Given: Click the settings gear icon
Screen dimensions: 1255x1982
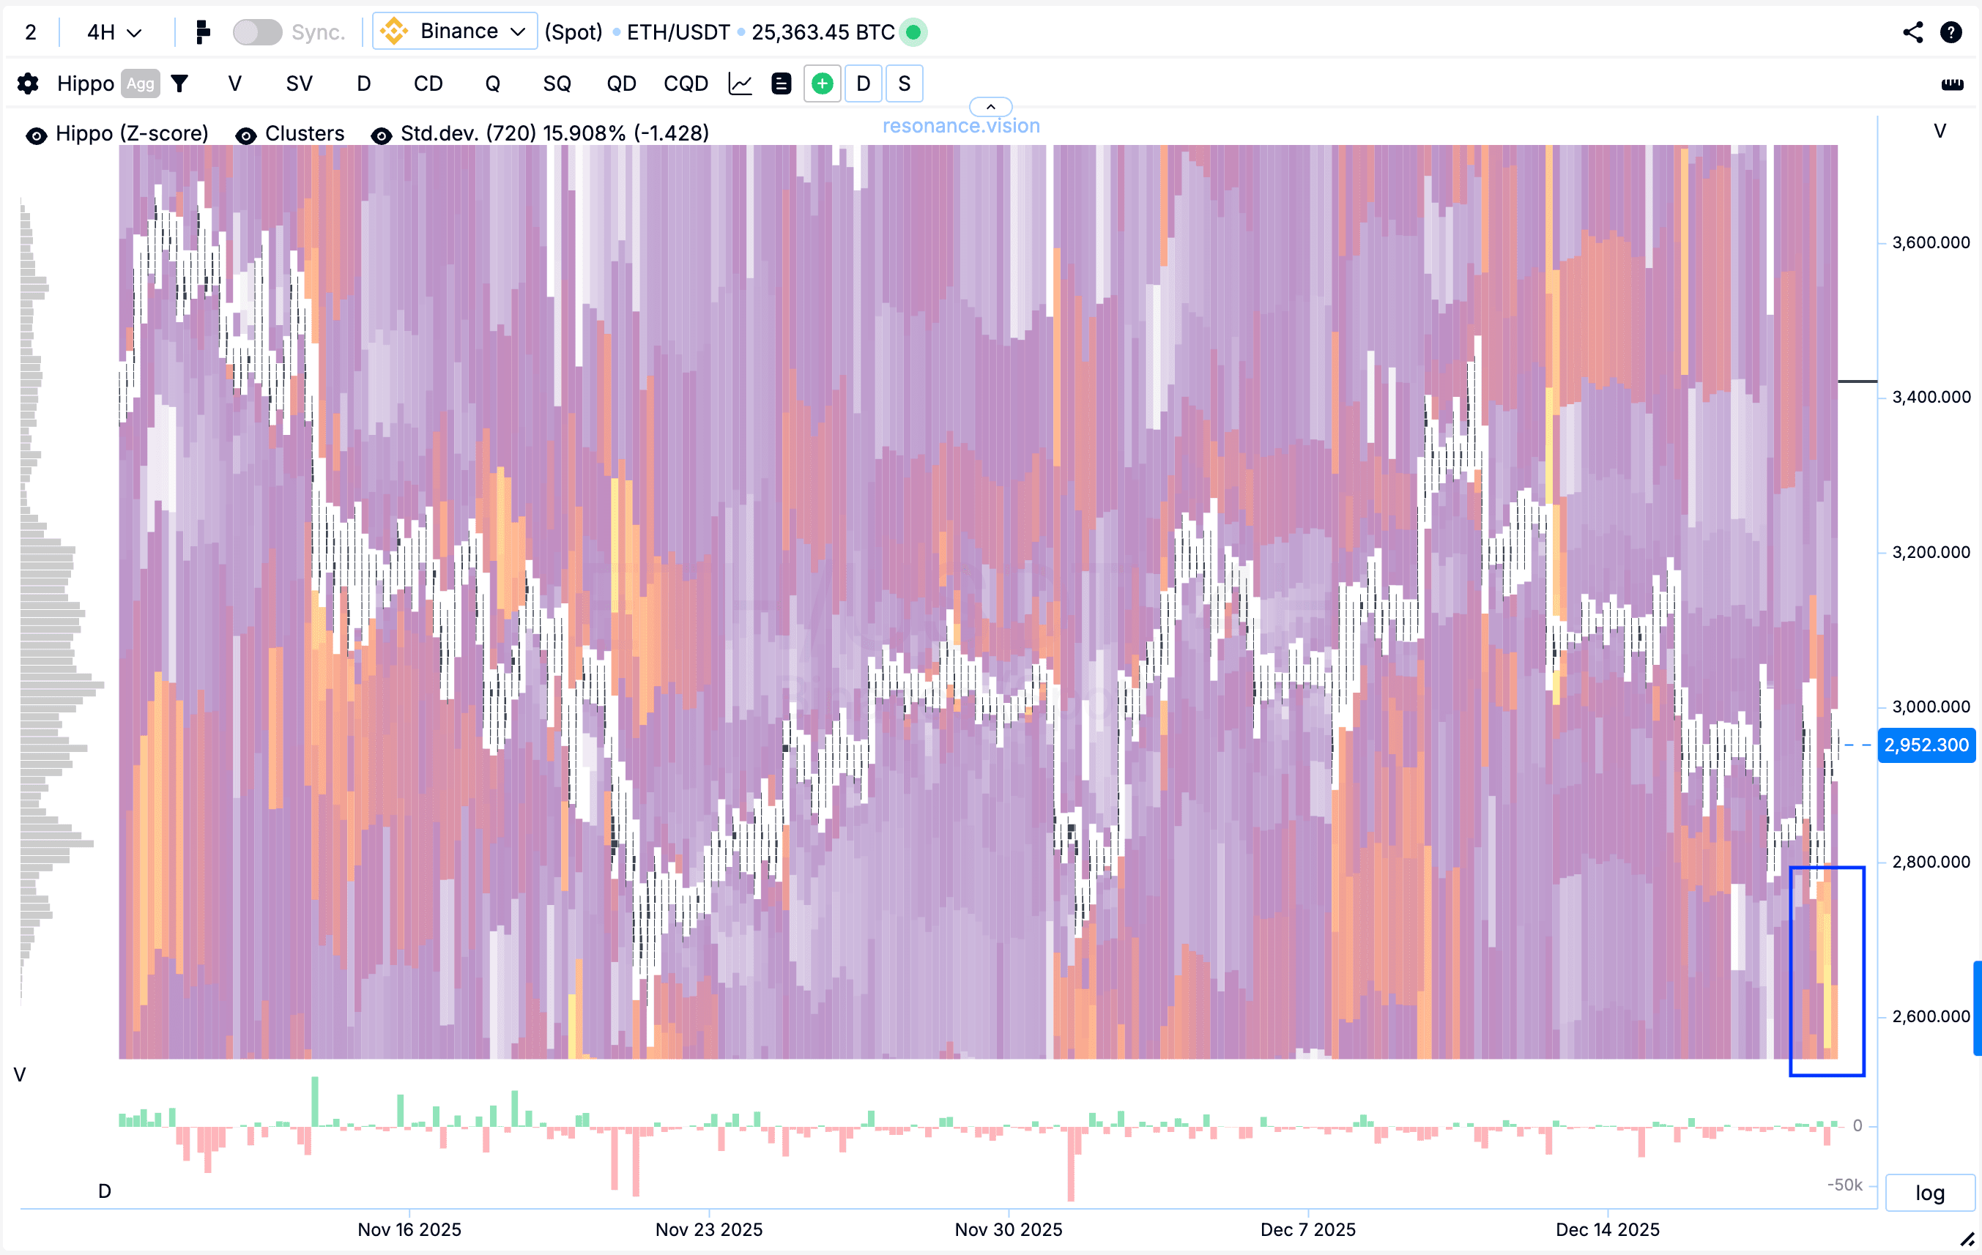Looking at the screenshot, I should click(x=28, y=84).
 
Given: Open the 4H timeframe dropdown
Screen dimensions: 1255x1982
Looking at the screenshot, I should click(x=114, y=32).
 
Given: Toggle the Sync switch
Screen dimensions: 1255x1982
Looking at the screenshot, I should click(x=257, y=32).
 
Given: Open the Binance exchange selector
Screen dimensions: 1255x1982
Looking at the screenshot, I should click(x=455, y=31).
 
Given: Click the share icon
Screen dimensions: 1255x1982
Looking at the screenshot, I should click(x=1912, y=32).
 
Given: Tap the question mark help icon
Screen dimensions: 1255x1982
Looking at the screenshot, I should click(x=1951, y=32).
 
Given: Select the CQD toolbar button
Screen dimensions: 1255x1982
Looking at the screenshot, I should click(x=685, y=84).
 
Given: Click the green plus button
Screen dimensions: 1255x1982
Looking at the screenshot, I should click(x=822, y=84).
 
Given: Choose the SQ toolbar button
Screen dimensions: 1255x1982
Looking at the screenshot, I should click(x=557, y=84).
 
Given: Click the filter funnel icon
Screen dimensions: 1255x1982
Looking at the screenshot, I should click(x=179, y=84).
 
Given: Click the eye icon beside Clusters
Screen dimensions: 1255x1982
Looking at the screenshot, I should click(x=245, y=135).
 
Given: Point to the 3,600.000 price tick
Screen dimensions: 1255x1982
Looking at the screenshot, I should click(x=1930, y=243).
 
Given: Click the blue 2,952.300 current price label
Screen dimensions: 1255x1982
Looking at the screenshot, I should click(x=1926, y=745).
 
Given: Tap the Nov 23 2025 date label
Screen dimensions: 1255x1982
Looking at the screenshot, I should click(x=709, y=1229).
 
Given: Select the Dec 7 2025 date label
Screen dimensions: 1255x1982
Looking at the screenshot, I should click(x=1307, y=1229).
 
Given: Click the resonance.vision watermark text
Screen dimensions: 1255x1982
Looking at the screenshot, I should click(x=960, y=126).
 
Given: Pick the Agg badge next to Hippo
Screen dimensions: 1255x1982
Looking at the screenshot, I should click(x=140, y=84).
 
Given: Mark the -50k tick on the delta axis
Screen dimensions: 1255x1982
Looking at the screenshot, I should click(x=1844, y=1185).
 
